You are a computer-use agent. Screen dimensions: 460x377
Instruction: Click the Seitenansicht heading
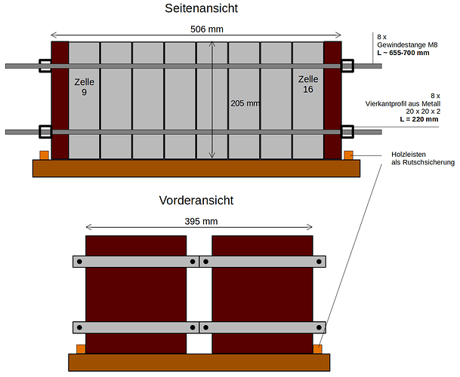click(201, 8)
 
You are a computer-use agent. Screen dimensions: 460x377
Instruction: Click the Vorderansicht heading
click(196, 201)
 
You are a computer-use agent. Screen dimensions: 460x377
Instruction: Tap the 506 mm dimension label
click(207, 29)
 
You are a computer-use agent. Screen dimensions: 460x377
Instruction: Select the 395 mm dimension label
click(201, 221)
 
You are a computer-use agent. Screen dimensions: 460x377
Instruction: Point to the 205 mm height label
click(245, 103)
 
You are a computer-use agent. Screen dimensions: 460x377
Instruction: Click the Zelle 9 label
click(84, 87)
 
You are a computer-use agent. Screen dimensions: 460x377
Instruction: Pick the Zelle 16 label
click(308, 84)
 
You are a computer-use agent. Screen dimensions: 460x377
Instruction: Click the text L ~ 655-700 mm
click(403, 53)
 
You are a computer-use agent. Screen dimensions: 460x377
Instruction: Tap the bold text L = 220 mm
click(419, 119)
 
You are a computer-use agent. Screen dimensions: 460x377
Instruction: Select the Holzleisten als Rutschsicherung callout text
click(423, 158)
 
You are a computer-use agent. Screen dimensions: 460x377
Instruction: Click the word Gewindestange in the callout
click(397, 45)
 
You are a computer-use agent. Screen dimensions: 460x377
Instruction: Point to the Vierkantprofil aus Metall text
click(403, 104)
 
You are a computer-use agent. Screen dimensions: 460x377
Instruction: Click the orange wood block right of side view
click(348, 155)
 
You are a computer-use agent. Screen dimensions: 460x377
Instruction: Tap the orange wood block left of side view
click(45, 155)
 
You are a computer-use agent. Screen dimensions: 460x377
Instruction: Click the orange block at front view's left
click(81, 349)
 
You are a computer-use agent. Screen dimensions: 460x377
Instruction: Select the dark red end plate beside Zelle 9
click(60, 100)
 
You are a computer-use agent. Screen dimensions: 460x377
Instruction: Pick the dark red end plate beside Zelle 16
click(332, 100)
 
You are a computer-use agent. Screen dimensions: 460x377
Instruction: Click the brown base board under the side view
click(196, 168)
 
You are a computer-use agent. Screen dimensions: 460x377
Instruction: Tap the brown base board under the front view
click(199, 363)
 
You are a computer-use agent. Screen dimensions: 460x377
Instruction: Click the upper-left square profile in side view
click(45, 66)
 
